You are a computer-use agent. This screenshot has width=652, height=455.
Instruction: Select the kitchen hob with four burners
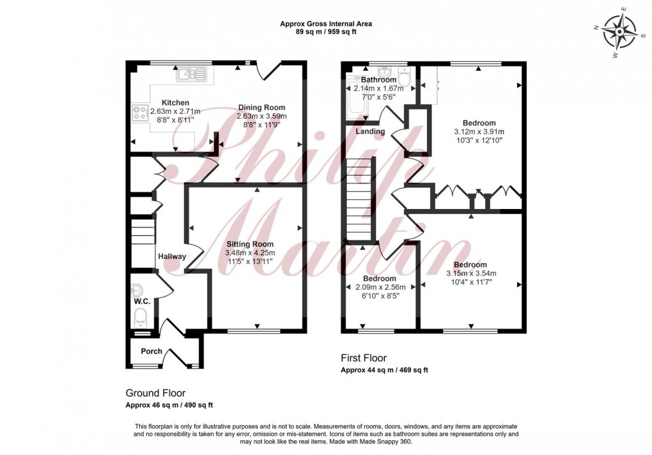click(140, 114)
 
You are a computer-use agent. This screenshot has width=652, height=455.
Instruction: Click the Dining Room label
click(261, 107)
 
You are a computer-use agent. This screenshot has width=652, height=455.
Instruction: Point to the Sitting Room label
click(249, 244)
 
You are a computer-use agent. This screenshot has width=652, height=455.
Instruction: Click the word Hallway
click(173, 257)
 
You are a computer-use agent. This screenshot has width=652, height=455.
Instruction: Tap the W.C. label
click(141, 301)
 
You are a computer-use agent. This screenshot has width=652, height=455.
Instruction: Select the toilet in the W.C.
click(140, 316)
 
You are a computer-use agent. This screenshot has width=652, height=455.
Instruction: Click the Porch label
click(151, 351)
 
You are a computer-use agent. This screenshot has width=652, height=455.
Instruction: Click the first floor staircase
click(359, 198)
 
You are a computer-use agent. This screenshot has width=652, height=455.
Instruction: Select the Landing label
click(371, 132)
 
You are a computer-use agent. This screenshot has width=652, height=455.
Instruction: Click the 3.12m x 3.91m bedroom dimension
click(479, 132)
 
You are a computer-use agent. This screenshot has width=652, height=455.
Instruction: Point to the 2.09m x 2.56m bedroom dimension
click(379, 288)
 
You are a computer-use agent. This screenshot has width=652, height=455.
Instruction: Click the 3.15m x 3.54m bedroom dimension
click(470, 274)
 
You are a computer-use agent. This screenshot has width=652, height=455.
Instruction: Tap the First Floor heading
click(364, 359)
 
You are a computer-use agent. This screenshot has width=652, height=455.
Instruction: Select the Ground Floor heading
click(155, 393)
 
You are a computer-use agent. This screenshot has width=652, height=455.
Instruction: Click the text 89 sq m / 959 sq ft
click(326, 32)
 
